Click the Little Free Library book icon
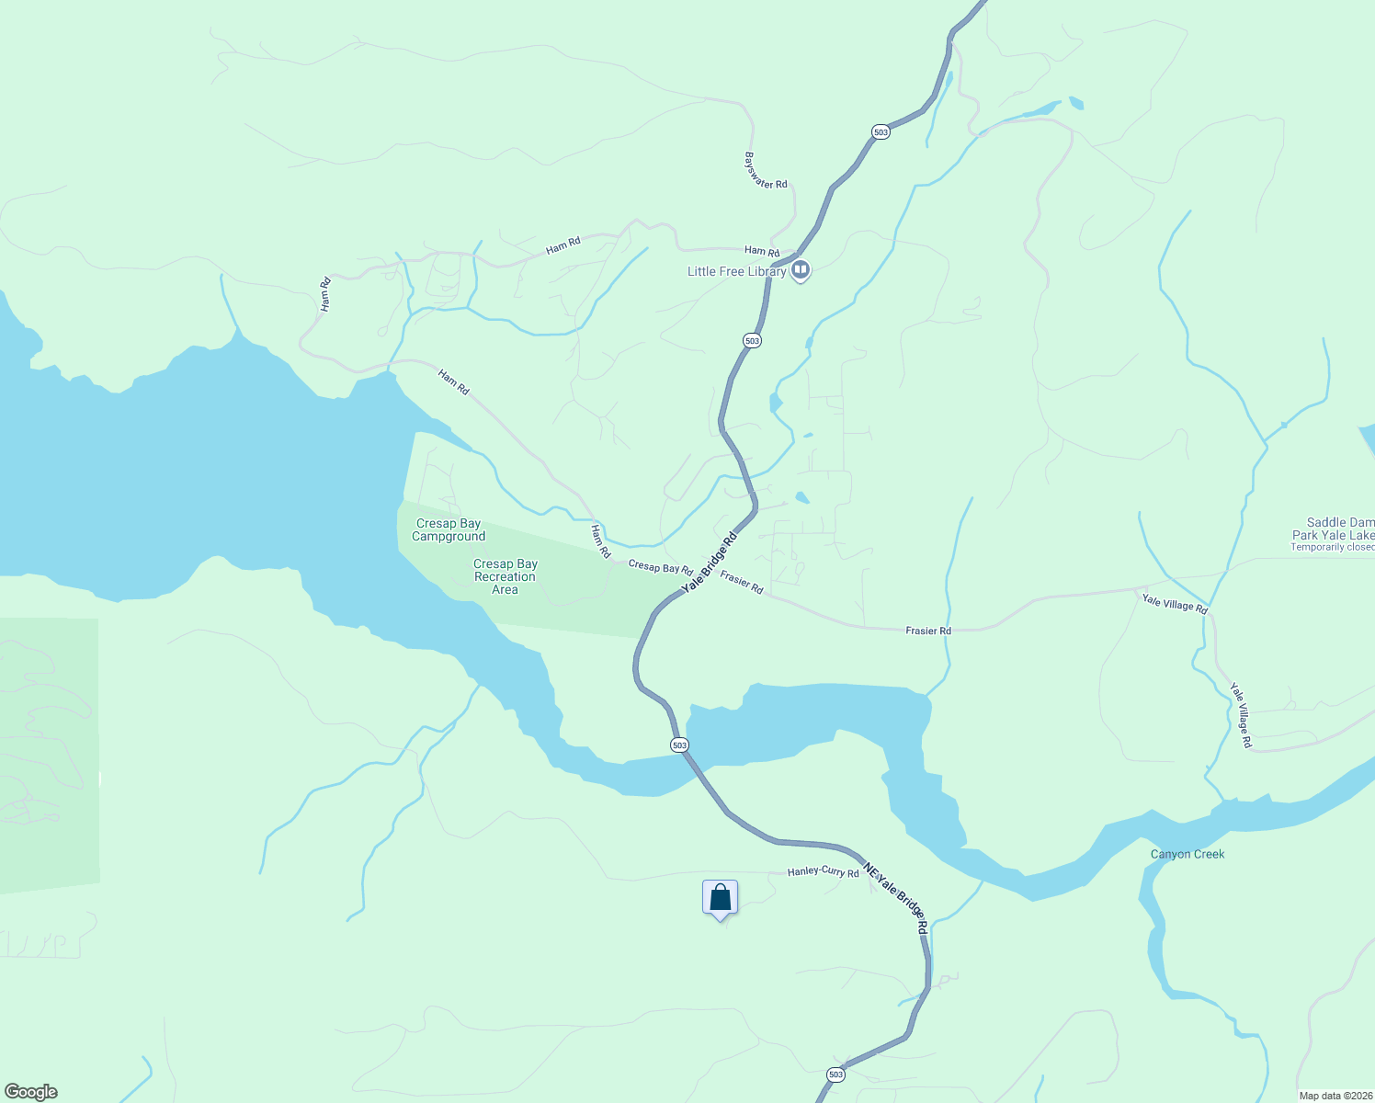coord(801,270)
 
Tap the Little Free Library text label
coord(736,271)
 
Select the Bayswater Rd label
coord(766,171)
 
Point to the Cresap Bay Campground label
coord(449,530)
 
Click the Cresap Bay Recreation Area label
coord(506,576)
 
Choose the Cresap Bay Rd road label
coord(660,568)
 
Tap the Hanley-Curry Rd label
coord(823,871)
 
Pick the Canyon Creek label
coord(1187,854)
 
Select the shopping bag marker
coord(720,898)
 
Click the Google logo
coord(31,1091)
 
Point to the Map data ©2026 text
coord(1335,1096)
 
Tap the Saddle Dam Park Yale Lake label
coord(1334,529)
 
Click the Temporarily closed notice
coord(1332,547)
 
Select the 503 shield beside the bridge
coord(679,745)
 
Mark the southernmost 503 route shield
coord(835,1074)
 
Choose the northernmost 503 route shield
coord(881,132)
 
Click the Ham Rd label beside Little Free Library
coord(762,251)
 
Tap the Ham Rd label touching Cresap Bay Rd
coord(600,541)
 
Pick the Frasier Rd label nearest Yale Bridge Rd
coord(742,582)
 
